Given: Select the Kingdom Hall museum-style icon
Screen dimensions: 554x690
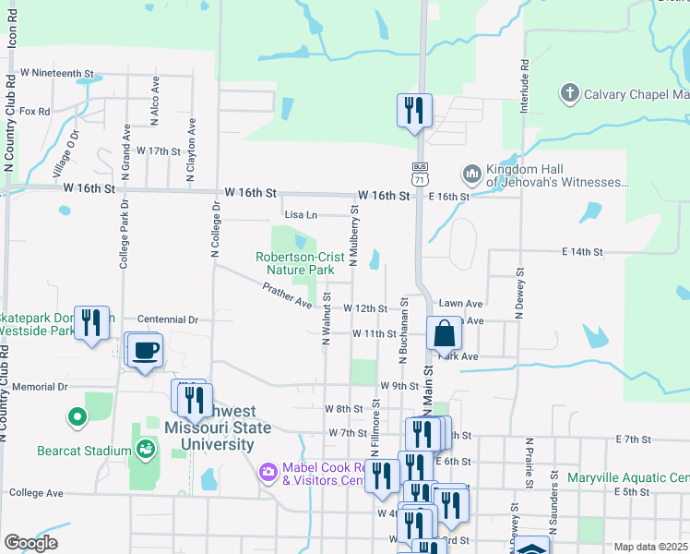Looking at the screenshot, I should [471, 174].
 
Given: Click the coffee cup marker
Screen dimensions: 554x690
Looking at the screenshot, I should [147, 352].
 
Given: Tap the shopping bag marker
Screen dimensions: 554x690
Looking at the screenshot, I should [444, 333].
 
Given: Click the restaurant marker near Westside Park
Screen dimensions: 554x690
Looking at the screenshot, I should [91, 322].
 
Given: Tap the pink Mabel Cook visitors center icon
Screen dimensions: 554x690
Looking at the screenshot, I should [268, 473].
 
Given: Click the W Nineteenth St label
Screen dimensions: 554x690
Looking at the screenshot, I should [57, 72].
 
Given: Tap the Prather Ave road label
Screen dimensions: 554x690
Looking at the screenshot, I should [287, 296].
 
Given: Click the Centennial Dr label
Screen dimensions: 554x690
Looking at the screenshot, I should [168, 319].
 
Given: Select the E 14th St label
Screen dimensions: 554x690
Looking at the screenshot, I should [581, 251].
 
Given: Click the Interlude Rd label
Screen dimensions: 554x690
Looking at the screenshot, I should [523, 87].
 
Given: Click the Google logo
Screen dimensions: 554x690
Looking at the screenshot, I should [30, 542].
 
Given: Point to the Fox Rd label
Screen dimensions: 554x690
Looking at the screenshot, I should [34, 111].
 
